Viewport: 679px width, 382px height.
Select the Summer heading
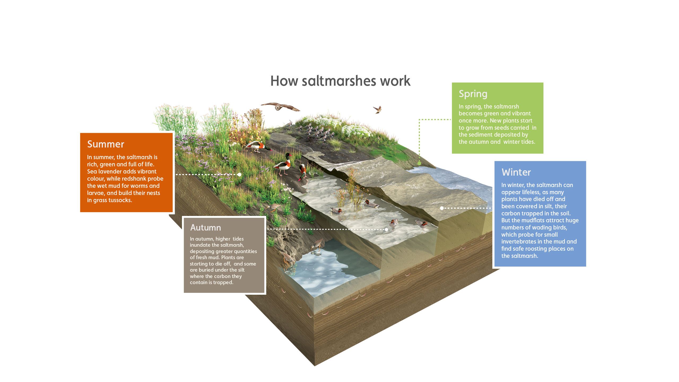click(106, 144)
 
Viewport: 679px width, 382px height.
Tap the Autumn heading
click(206, 228)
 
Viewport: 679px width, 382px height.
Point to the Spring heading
click(473, 94)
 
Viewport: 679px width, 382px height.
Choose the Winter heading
click(516, 172)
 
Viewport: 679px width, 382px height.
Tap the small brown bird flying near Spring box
click(377, 109)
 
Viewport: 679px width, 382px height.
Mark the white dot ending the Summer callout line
click(240, 175)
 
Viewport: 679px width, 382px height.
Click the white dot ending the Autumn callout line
click(386, 229)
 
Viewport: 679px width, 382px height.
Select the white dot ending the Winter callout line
click(442, 208)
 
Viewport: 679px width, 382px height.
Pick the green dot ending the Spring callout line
click(419, 163)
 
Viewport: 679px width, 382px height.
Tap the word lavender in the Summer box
click(110, 171)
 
